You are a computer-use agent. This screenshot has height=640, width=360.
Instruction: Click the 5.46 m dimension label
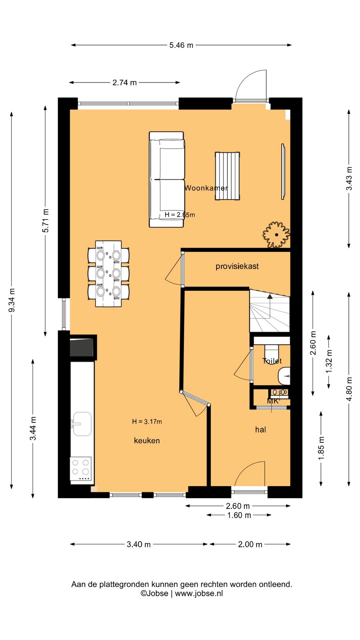[181, 45]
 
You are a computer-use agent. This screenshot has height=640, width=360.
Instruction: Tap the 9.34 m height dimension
[12, 300]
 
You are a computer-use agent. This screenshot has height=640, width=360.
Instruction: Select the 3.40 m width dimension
[139, 544]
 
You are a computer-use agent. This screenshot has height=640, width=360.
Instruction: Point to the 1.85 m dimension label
[321, 448]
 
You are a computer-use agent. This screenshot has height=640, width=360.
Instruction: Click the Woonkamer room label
[206, 188]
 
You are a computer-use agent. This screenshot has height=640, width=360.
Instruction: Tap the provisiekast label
[237, 266]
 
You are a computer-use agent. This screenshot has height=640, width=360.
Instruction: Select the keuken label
[147, 441]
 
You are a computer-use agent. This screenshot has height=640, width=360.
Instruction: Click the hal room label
[260, 430]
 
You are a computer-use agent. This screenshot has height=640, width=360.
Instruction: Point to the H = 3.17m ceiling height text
[147, 422]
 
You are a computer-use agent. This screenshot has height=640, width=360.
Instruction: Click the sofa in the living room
[166, 180]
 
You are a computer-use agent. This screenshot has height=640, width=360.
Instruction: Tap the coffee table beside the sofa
[227, 176]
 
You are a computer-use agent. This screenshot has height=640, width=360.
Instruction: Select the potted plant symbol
[276, 235]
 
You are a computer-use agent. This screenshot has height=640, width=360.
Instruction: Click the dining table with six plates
[108, 274]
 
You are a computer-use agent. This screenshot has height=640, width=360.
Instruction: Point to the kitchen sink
[82, 424]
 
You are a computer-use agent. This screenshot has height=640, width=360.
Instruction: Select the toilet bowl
[272, 354]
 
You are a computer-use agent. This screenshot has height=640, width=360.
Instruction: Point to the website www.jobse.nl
[199, 593]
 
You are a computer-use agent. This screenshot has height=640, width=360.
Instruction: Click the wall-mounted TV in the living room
[283, 172]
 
